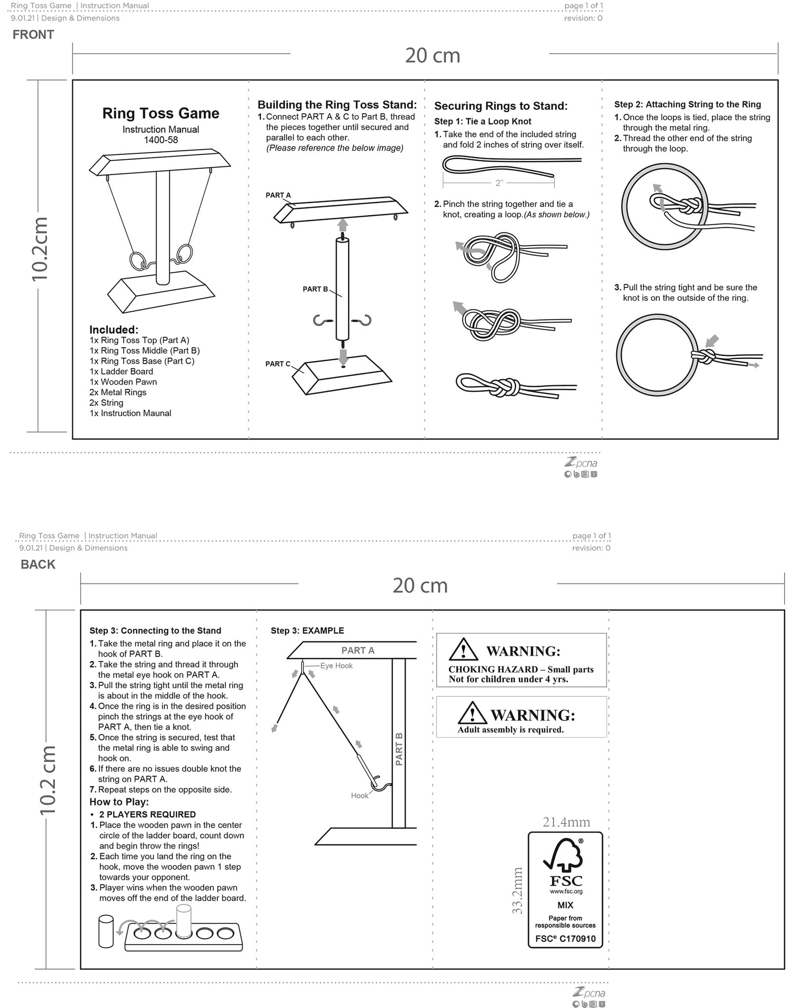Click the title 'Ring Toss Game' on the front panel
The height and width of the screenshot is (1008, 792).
tap(161, 113)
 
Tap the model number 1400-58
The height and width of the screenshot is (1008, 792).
tap(161, 140)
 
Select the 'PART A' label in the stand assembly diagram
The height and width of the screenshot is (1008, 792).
tap(278, 195)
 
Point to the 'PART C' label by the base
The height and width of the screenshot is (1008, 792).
tap(278, 364)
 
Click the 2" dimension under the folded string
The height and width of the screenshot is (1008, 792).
tap(499, 183)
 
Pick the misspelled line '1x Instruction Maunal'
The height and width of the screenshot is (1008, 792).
tap(130, 413)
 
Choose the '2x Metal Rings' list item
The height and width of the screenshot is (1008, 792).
tap(118, 392)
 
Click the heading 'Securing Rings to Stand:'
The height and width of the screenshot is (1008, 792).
tap(501, 106)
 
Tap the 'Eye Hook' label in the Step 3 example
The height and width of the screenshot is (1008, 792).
tap(337, 666)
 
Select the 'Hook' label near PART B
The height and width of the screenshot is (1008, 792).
tap(360, 795)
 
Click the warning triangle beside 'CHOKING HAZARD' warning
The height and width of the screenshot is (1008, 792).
tap(463, 649)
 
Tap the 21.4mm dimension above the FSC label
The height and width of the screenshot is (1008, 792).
tap(566, 822)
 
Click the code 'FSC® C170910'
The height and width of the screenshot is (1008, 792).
tap(565, 939)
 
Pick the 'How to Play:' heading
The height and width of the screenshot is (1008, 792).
tap(119, 802)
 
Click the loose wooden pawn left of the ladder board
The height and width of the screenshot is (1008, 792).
tap(106, 931)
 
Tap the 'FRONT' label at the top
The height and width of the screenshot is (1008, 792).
tap(33, 35)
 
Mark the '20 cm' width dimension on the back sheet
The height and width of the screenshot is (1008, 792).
tap(420, 585)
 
